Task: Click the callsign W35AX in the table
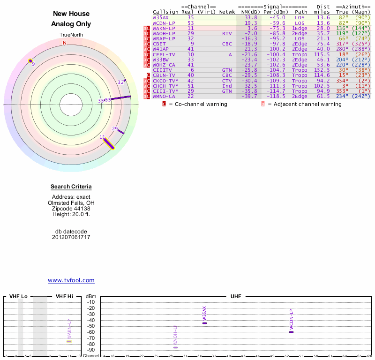click(160, 17)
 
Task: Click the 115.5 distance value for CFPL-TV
click(322, 54)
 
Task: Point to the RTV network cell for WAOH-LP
click(227, 33)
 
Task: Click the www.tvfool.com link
click(71, 280)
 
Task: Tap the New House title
click(71, 14)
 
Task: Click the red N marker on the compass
click(65, 43)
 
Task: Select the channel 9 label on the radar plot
click(33, 64)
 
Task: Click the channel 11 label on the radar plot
click(102, 137)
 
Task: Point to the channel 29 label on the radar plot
click(115, 128)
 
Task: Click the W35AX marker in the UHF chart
click(204, 323)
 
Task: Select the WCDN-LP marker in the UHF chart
click(291, 332)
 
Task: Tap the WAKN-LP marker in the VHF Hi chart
click(69, 341)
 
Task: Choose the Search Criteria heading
click(71, 187)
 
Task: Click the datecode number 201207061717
click(71, 237)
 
